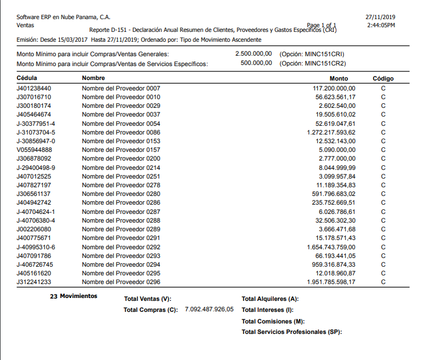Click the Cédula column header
pos(27,78)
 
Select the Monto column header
pos(339,78)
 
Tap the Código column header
pos(383,78)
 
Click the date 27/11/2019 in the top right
pos(380,17)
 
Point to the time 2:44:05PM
pos(381,26)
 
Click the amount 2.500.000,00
pos(253,53)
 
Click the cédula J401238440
pos(34,88)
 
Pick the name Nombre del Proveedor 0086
pos(121,132)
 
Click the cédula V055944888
pos(34,150)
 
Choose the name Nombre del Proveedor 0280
pos(121,194)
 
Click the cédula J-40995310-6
pos(36,247)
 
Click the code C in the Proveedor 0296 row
pos(383,282)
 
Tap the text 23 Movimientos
pos(74,296)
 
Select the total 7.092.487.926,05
pos(209,310)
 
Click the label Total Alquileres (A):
pos(270,299)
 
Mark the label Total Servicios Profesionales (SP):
pos(292,332)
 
